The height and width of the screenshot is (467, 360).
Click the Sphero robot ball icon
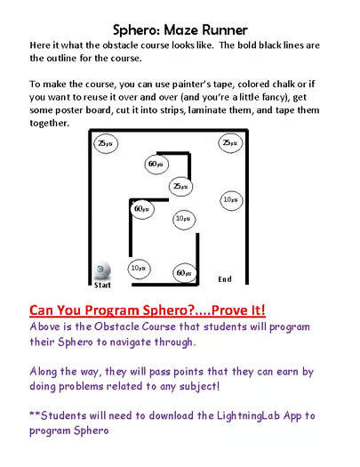click(x=103, y=270)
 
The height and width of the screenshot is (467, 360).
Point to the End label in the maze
click(x=225, y=279)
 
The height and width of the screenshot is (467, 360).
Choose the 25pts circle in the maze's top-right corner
click(x=229, y=143)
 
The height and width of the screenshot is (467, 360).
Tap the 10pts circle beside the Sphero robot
click(x=138, y=267)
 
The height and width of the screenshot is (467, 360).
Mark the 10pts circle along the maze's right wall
click(x=229, y=199)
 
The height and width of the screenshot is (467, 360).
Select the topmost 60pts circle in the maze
click(x=156, y=164)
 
